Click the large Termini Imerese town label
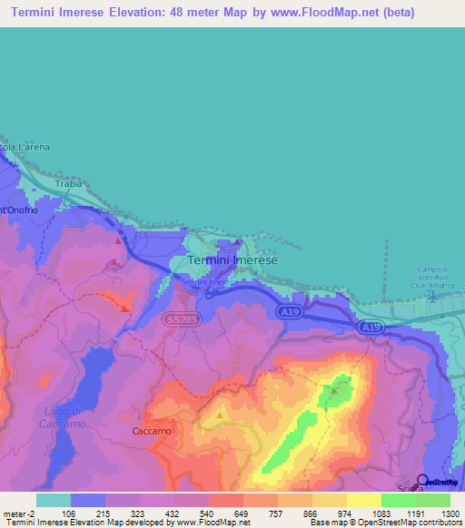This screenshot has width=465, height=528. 232,259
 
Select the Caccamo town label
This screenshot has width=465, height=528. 152,432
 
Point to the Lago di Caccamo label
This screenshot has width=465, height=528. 64,417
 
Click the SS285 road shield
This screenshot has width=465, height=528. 177,319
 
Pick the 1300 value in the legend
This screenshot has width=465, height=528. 449,514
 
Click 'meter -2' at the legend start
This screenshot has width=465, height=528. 17,514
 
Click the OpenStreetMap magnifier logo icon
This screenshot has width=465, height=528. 422,481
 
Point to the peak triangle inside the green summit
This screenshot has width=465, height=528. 334,392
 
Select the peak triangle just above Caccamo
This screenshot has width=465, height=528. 221,416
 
